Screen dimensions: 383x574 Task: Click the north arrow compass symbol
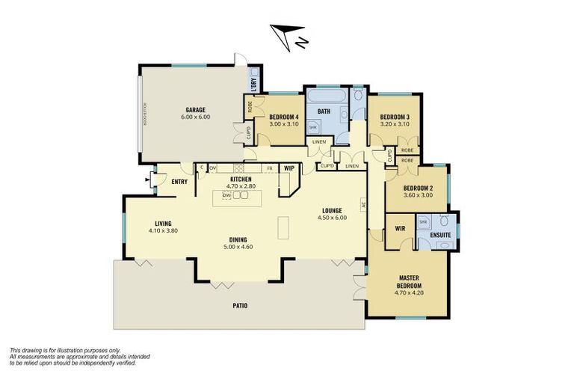288,37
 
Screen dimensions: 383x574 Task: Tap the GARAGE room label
195,109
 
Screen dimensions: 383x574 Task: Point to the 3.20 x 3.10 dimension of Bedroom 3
394,124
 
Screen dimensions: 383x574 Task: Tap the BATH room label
324,111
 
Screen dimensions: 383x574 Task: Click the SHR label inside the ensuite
422,222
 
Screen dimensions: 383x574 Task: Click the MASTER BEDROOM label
409,282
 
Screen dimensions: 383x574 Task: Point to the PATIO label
239,305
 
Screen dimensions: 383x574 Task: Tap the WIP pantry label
289,168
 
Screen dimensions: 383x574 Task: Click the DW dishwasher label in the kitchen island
226,194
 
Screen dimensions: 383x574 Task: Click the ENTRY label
179,182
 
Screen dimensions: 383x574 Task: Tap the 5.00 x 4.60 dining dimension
239,247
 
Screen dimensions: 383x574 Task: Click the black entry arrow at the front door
147,180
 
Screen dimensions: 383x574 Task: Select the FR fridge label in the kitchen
269,168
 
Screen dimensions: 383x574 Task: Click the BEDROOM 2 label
417,188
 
